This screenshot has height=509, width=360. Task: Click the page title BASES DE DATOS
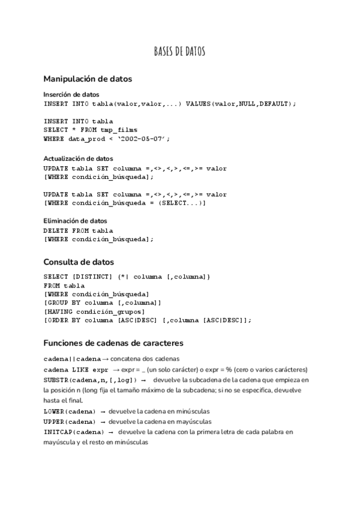click(x=180, y=52)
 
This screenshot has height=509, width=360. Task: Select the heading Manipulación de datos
click(x=88, y=79)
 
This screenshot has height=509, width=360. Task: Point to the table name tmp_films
click(x=118, y=130)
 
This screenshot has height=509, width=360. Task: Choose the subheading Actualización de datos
click(x=79, y=159)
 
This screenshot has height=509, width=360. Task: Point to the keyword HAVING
click(x=59, y=312)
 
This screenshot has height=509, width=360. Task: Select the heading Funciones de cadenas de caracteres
click(x=113, y=343)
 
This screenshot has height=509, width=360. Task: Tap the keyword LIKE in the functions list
click(x=80, y=369)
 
